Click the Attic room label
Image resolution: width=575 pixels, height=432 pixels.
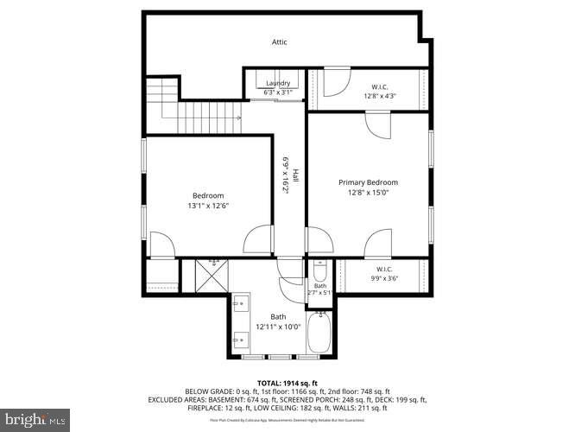coord(279,42)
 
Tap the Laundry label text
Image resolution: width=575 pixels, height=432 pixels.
coord(277,83)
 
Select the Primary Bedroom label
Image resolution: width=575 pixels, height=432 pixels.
coord(368,182)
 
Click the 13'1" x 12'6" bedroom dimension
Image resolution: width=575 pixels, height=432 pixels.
coord(207,206)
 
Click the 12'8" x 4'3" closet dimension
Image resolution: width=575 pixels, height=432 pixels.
coord(379,96)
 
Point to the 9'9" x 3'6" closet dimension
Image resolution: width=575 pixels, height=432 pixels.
coord(384,278)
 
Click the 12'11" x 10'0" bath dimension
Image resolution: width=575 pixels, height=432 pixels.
coord(278,327)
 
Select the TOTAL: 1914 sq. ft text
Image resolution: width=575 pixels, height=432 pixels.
coord(287,383)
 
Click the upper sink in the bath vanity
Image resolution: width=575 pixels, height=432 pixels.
coord(241,302)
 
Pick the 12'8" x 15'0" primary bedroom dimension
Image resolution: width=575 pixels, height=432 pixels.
coord(368,194)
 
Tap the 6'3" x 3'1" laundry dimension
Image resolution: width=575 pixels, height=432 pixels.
coord(277,92)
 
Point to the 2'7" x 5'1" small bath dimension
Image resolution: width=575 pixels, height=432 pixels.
coord(319,294)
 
